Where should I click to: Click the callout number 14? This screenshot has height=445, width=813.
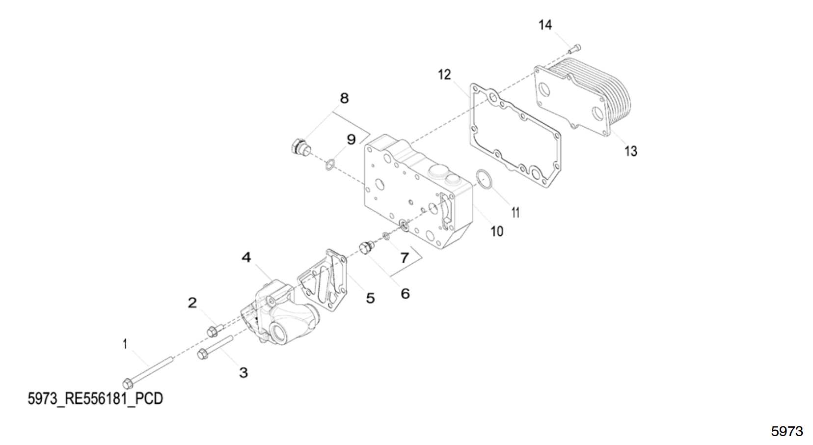pos(545,25)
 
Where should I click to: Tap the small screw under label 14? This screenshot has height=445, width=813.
pos(574,48)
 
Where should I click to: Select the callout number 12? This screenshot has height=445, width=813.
pos(444,75)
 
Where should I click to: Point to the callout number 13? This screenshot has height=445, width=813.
pos(630,151)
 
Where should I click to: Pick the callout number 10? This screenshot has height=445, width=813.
pos(497,231)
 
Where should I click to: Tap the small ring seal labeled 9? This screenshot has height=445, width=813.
pos(330,164)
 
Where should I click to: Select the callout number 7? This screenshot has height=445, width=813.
pos(405,257)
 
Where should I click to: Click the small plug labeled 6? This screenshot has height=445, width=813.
pos(365,248)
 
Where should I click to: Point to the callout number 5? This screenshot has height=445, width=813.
pos(370,298)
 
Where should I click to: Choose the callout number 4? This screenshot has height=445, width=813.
pos(246,257)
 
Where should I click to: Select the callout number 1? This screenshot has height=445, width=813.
pos(125,344)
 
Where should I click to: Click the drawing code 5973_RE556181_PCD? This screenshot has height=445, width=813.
pos(95,398)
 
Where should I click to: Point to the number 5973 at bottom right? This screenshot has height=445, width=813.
pos(786,431)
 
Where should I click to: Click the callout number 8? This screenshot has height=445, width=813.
pos(344,98)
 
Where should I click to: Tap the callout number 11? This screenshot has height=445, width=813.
pos(515,212)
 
